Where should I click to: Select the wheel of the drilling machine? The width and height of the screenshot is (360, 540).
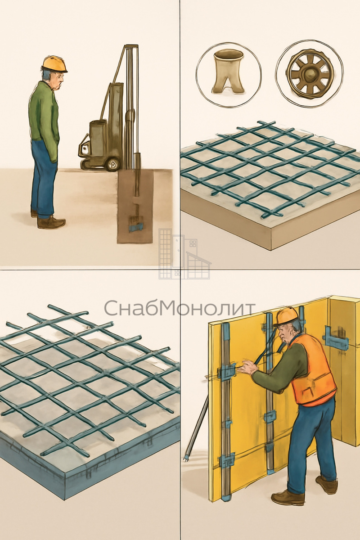click(x=112, y=165)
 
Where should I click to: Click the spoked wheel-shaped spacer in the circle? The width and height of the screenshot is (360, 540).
click(x=309, y=75)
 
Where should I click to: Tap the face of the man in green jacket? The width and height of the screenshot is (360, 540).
click(x=58, y=80)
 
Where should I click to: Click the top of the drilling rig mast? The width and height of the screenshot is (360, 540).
click(x=131, y=45)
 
